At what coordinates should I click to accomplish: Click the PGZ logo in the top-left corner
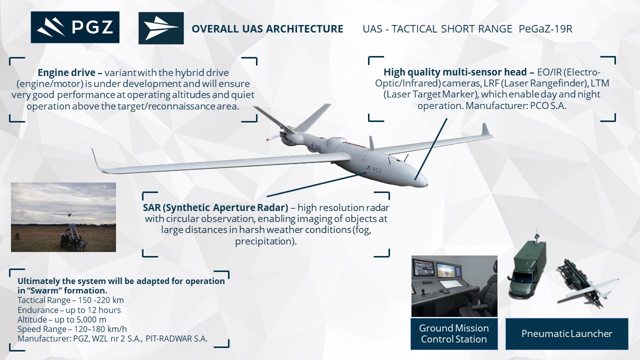coord(75,27)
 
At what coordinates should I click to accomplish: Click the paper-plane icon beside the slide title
coord(161,28)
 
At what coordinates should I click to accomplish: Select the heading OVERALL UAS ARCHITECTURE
coord(267,29)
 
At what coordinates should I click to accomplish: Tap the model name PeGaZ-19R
coord(545,29)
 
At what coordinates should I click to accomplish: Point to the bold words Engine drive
coord(66,72)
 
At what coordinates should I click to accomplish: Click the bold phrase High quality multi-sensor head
coord(455,72)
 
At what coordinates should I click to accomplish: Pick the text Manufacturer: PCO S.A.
coord(515,105)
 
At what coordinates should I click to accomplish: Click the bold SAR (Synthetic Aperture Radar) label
coord(215,207)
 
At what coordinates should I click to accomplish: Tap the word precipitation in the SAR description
coord(264,241)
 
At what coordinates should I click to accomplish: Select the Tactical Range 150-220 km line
coord(70,300)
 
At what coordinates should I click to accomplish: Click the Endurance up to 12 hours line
coord(69,310)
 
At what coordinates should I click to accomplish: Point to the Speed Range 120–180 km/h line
coord(72,329)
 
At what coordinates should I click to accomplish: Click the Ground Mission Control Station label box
coord(454,333)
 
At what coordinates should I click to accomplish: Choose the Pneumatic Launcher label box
coord(567,333)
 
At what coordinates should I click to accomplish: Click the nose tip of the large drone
coord(427,185)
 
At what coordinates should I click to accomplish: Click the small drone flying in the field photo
coord(68,213)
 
